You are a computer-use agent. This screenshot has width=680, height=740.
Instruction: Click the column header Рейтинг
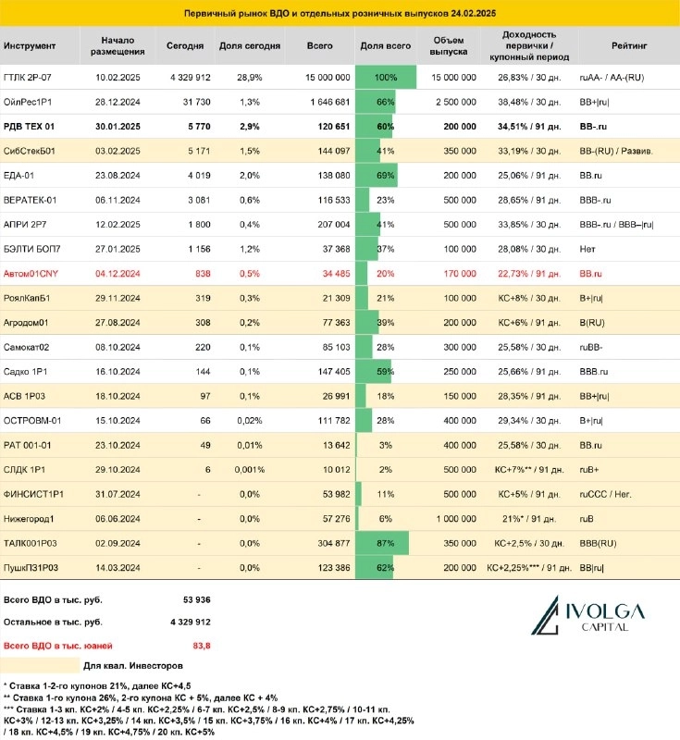(629, 45)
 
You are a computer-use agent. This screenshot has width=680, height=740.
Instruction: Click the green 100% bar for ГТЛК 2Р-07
(385, 77)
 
